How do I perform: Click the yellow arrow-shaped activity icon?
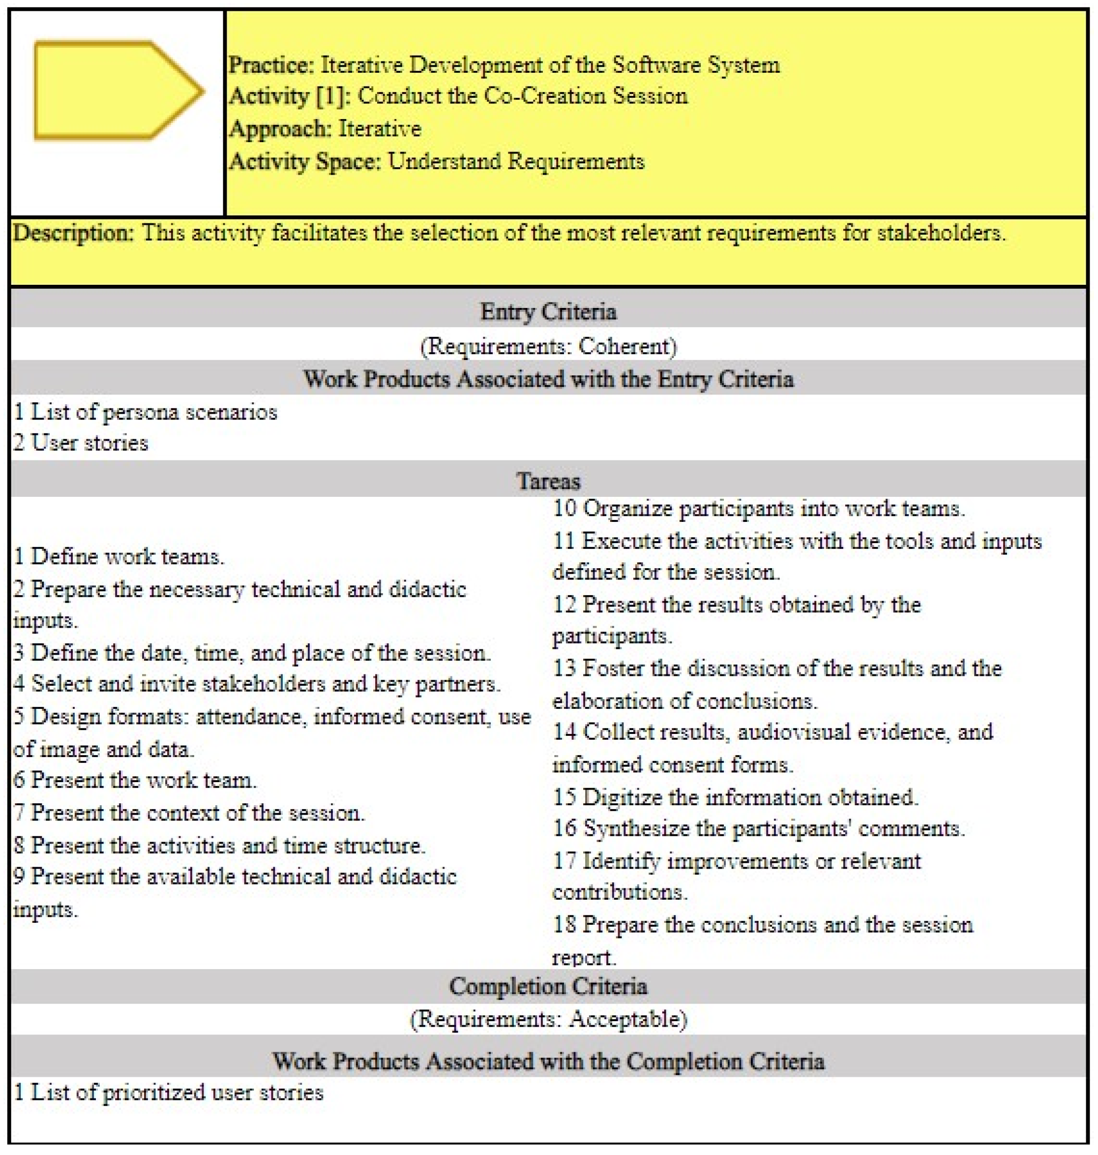point(117,91)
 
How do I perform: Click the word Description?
point(73,234)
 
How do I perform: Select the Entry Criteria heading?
point(548,312)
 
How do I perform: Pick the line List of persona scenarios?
point(145,413)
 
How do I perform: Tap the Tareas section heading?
point(548,482)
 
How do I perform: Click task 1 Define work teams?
point(119,557)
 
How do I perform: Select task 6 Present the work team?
point(135,780)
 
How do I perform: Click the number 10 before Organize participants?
point(564,509)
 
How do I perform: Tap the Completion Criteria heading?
point(548,987)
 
